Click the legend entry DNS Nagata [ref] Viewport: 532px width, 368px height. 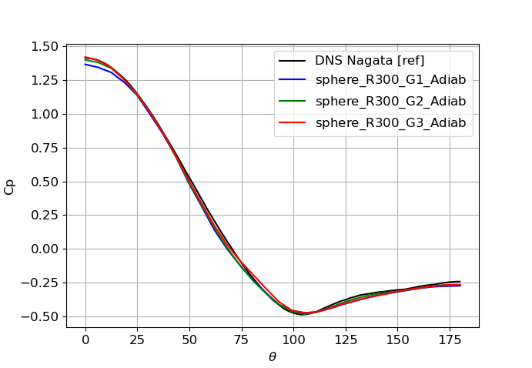pyautogui.click(x=370, y=61)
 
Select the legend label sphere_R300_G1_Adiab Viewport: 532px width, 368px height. pyautogui.click(x=390, y=81)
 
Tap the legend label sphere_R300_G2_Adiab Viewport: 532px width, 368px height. pyautogui.click(x=390, y=102)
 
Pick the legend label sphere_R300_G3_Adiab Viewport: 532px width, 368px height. pyautogui.click(x=390, y=122)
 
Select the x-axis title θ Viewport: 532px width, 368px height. pyautogui.click(x=273, y=357)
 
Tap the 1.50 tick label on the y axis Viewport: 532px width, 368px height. pyautogui.click(x=45, y=47)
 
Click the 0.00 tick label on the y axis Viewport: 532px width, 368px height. pyautogui.click(x=45, y=249)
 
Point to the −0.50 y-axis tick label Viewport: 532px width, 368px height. pyautogui.click(x=42, y=316)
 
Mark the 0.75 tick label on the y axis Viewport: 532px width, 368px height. pyautogui.click(x=45, y=148)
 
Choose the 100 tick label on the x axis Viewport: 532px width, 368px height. pyautogui.click(x=293, y=340)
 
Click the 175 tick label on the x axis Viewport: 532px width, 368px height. pyautogui.click(x=449, y=340)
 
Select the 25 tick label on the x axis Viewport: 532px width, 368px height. pyautogui.click(x=137, y=340)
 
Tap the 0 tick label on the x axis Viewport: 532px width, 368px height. pyautogui.click(x=85, y=340)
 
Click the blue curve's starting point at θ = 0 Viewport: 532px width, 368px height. pyautogui.click(x=85, y=64)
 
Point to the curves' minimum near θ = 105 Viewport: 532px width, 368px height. pyautogui.click(x=304, y=314)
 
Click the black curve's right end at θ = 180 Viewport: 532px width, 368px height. pyautogui.click(x=460, y=282)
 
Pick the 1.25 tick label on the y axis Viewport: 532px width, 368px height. pyautogui.click(x=45, y=81)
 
